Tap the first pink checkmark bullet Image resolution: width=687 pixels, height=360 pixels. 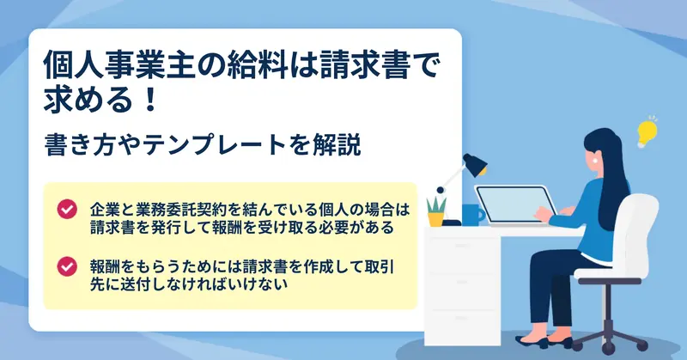[67, 209]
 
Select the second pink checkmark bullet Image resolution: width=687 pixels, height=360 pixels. [67, 266]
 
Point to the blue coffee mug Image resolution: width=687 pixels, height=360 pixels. [472, 215]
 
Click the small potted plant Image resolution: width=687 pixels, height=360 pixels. [436, 212]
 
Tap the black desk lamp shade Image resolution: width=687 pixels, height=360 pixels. [475, 164]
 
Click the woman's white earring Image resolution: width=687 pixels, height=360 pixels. [596, 160]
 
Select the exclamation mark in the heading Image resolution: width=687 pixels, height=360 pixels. [150, 99]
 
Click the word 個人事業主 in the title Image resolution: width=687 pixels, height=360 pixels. [119, 64]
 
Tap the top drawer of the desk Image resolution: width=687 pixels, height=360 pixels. [463, 246]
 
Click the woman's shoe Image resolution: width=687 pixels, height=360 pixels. [532, 342]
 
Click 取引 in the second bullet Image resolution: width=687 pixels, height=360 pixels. [380, 266]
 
